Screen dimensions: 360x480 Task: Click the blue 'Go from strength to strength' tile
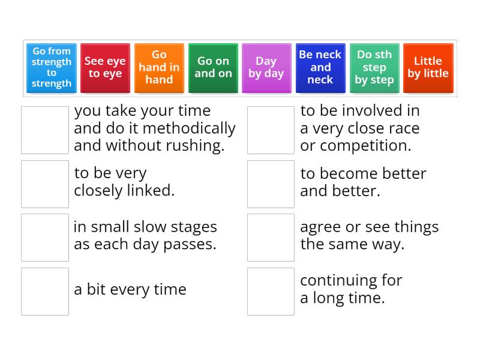pos(52,67)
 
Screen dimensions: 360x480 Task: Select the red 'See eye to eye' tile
pos(105,67)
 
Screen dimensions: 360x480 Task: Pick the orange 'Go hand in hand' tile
pos(159,67)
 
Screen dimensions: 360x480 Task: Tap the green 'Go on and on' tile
pos(213,67)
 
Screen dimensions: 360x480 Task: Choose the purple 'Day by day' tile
pos(266,67)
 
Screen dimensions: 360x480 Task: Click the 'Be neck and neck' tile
pos(320,67)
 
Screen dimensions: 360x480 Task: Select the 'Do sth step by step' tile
pos(374,67)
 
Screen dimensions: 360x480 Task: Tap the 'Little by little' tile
pos(428,67)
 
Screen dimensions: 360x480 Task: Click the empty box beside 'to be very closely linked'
pos(45,184)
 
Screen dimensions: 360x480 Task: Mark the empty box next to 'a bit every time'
pos(45,291)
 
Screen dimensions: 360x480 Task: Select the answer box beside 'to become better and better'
pos(271,184)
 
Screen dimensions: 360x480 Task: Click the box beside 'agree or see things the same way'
pos(271,237)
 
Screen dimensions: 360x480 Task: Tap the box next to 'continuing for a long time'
pos(271,291)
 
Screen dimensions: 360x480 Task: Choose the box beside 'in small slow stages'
pos(45,237)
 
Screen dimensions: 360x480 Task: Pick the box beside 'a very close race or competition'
pos(271,130)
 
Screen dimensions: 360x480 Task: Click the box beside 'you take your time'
pos(45,130)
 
